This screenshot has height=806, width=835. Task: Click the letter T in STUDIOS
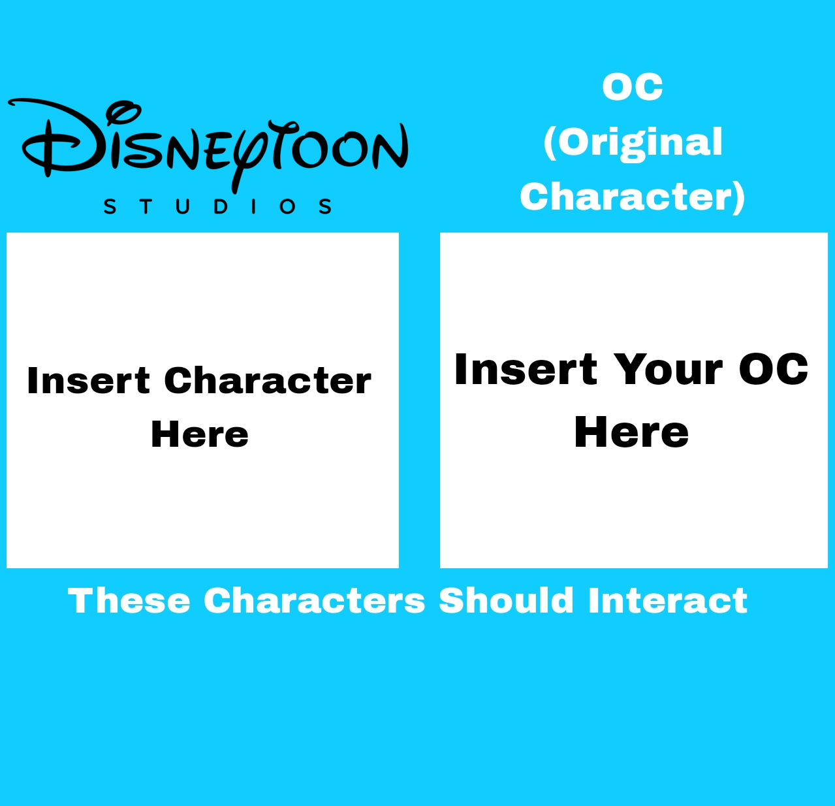pos(146,206)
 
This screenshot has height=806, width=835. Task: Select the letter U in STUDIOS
pos(183,206)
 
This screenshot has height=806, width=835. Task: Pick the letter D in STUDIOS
pos(221,206)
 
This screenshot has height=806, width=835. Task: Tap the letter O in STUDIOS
pos(287,206)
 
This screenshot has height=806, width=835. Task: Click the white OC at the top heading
pos(633,87)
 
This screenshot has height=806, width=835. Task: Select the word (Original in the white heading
pos(633,144)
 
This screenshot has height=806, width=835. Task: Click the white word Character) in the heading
pos(633,197)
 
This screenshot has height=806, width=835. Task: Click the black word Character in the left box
pos(268,381)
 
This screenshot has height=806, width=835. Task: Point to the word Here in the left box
pos(200,434)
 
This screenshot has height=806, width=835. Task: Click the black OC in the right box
pos(773,369)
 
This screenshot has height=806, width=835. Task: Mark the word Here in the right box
pos(631,432)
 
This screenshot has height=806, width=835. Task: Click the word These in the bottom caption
pos(129,601)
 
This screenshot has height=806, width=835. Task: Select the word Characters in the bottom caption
pos(314,601)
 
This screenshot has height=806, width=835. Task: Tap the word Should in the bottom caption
pos(507,601)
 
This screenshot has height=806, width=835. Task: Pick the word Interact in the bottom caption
pos(668,601)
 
